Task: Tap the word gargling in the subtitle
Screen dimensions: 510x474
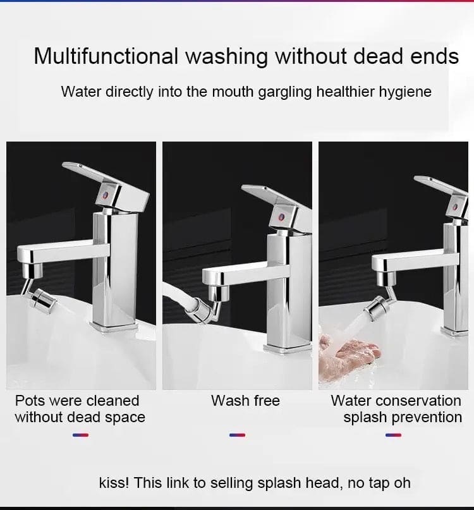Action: pyautogui.click(x=284, y=92)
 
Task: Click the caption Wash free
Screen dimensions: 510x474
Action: pyautogui.click(x=245, y=401)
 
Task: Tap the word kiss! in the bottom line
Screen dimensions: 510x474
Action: pyautogui.click(x=114, y=483)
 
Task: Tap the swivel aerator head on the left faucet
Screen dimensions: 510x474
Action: pyautogui.click(x=42, y=297)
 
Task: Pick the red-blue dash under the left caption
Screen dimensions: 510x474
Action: pyautogui.click(x=80, y=435)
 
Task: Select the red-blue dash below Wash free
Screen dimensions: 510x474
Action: pyautogui.click(x=236, y=435)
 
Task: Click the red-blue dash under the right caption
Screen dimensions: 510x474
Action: pyautogui.click(x=393, y=435)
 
